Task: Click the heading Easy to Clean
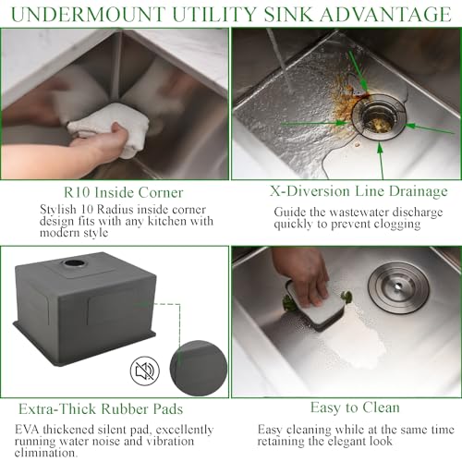pos(344,407)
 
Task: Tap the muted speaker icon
pos(143,371)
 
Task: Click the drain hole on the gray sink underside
pos(74,264)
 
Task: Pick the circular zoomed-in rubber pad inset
pos(200,369)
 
